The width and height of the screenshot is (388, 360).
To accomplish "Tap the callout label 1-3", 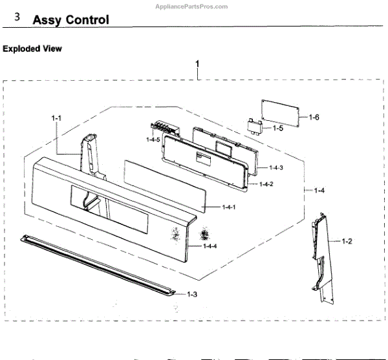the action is (x=191, y=294).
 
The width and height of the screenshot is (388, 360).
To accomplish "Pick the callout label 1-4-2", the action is (x=266, y=185).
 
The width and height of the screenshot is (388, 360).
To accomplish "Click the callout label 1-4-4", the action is (x=210, y=246).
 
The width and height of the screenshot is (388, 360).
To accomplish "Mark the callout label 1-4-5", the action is (x=153, y=140).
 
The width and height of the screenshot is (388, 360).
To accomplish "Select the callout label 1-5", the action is (x=277, y=129).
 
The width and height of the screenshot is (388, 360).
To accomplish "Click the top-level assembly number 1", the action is (x=197, y=64).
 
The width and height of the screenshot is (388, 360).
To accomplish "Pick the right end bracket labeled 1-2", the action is (x=321, y=255).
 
